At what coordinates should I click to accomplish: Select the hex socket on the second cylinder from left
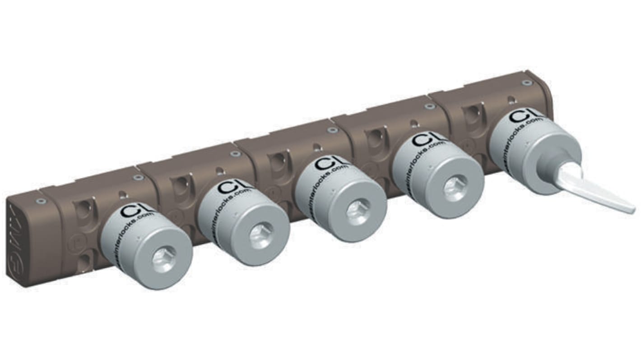coord(261,236)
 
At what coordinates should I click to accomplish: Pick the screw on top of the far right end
coord(526,83)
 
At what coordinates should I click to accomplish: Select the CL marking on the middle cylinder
coord(328,163)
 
